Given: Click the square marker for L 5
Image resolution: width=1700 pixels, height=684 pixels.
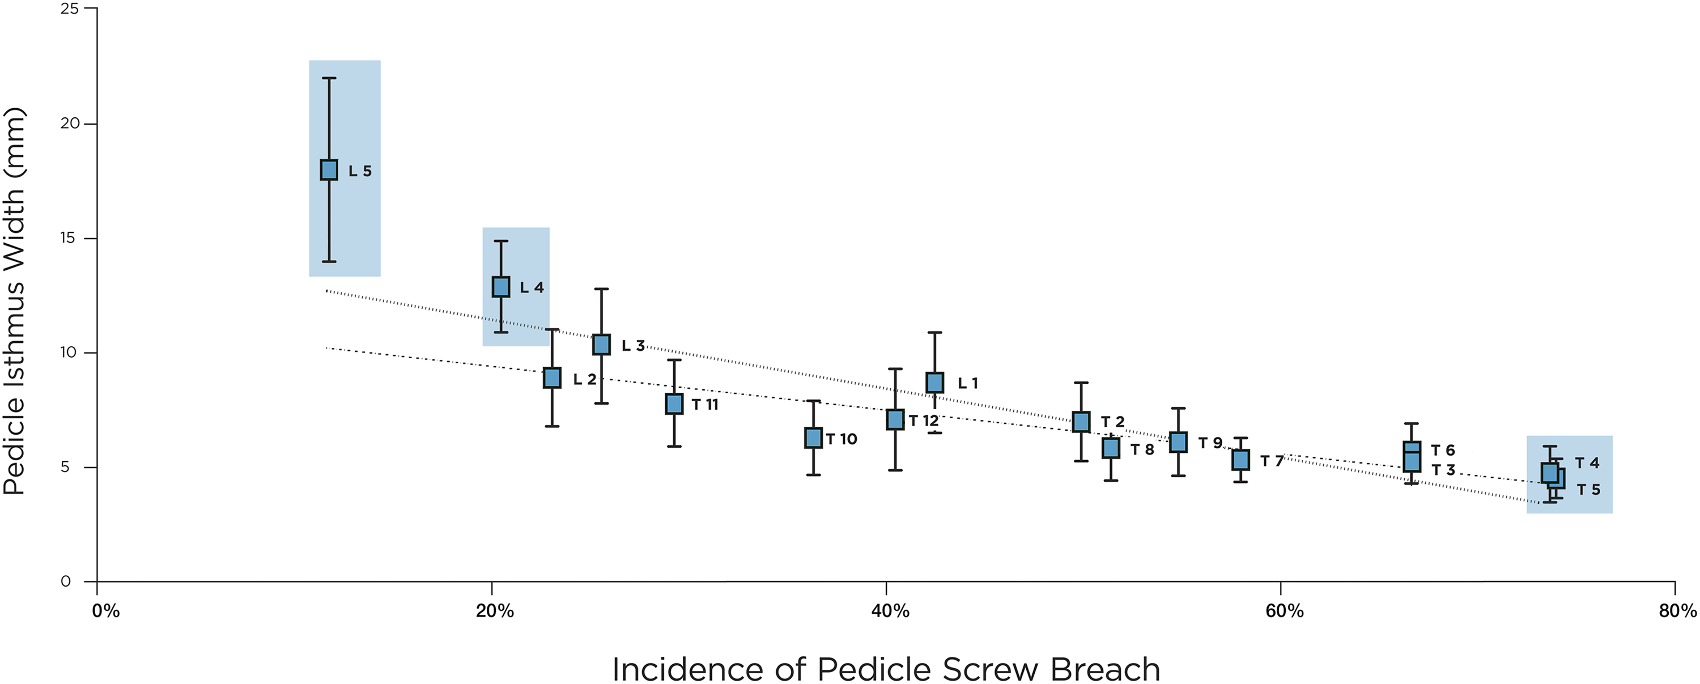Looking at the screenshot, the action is point(329,169).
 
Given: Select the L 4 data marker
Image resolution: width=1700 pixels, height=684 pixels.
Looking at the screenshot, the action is point(501,287).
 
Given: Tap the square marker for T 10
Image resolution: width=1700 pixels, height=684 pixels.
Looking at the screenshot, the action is point(813,437).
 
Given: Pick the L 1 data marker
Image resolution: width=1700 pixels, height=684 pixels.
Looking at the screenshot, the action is point(934,383).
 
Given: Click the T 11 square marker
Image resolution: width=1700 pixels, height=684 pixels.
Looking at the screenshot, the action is point(674,403).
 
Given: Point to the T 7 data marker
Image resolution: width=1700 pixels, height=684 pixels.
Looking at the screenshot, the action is point(1240,460).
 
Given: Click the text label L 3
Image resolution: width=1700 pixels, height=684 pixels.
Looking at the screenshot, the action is point(633,345).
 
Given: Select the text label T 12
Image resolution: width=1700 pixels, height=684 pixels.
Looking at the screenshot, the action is point(923,420).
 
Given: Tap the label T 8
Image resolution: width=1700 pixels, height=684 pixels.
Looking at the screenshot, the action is point(1142,449).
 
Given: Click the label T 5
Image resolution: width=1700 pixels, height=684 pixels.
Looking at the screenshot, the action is point(1588,489).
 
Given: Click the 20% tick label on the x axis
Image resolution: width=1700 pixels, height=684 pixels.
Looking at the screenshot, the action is point(494,611).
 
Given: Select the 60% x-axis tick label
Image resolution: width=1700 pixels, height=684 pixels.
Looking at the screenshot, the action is point(1284,611).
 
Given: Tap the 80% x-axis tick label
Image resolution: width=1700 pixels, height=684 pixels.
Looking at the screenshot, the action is point(1677,611).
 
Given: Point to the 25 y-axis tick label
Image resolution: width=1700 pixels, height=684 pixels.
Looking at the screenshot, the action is point(69,9).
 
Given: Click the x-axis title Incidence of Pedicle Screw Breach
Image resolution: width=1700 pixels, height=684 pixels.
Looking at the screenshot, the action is point(886,669).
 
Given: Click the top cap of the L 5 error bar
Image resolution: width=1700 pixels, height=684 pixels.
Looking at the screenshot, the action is point(329,78).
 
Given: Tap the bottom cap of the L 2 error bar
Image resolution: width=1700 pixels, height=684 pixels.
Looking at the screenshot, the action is point(552,427).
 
